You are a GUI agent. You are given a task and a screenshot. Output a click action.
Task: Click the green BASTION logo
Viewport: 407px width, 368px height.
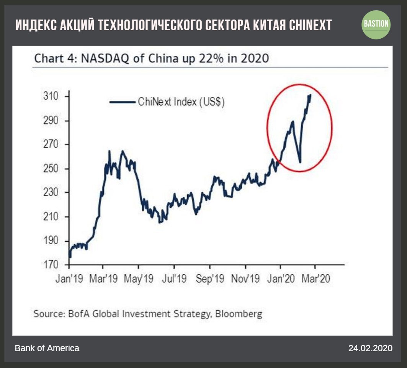(376, 25)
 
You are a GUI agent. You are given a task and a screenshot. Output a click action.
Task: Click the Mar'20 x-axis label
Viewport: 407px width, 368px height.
(315, 278)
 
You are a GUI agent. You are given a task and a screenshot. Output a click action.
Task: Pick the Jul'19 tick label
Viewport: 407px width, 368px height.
(174, 278)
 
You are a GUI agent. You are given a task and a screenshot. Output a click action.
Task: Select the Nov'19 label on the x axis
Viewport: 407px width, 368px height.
(245, 278)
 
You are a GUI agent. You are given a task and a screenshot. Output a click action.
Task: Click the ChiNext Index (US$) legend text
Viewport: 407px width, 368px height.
(181, 102)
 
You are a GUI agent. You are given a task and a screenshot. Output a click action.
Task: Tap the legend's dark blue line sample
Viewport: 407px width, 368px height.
(123, 102)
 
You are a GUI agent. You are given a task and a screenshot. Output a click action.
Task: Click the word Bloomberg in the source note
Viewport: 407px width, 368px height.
(239, 314)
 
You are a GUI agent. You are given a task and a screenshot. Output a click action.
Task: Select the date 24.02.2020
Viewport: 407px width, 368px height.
(370, 348)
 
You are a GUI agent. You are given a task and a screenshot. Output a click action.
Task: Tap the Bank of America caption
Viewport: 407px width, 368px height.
(47, 348)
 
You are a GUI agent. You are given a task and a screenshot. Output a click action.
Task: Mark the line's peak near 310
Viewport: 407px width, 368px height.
(310, 95)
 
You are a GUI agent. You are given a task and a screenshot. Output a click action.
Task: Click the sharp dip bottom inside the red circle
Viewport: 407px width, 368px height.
(300, 162)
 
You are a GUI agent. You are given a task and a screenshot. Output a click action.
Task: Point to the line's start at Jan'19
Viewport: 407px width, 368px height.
(70, 257)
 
